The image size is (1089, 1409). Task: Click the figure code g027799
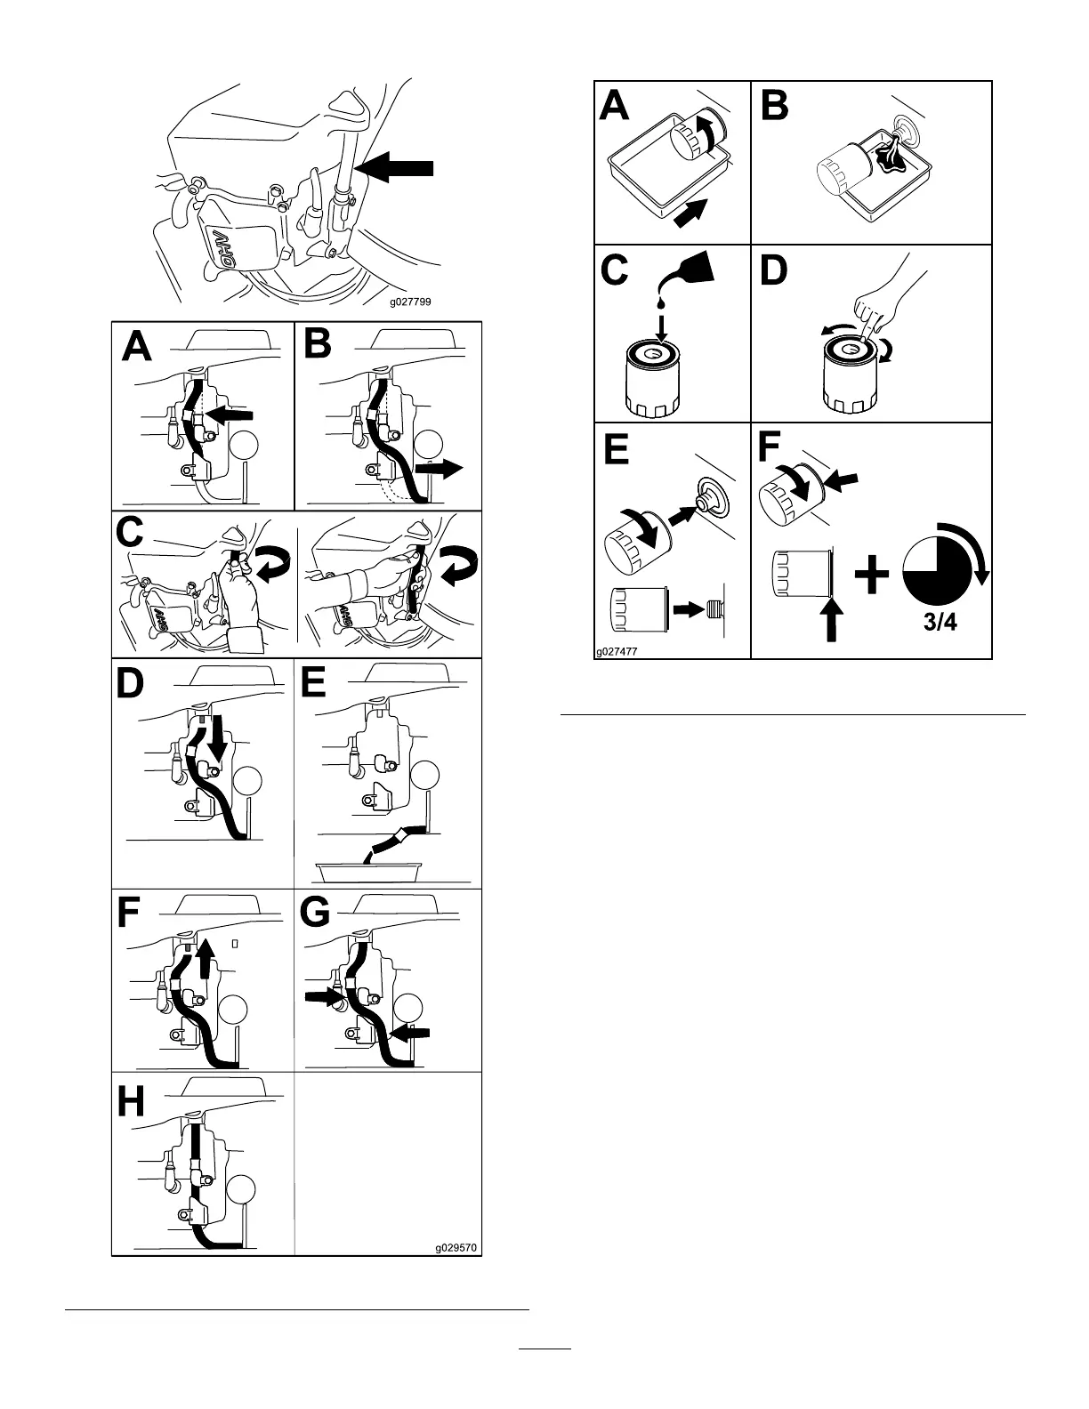[410, 302]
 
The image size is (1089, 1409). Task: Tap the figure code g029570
[456, 1247]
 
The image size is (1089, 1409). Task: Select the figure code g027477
[616, 650]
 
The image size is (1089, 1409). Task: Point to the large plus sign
[872, 576]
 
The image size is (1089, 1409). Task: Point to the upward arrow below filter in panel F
[832, 619]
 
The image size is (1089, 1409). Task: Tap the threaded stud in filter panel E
[714, 610]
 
